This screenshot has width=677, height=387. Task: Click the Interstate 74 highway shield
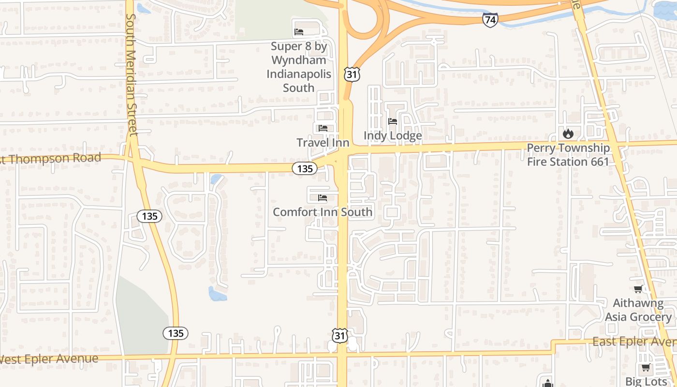490,20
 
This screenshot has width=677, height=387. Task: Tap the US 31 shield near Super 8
352,74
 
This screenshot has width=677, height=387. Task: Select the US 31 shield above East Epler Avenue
340,335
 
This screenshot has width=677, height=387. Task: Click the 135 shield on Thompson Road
305,168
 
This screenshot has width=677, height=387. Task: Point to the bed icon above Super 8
299,32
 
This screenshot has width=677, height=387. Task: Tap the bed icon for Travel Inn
323,128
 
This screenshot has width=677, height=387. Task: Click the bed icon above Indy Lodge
393,121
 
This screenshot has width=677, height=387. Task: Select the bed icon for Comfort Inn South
323,198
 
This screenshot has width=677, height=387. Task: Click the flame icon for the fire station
568,133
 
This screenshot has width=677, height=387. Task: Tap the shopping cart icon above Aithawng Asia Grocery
638,289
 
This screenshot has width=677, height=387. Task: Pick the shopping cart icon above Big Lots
646,368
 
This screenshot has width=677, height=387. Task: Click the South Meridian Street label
131,75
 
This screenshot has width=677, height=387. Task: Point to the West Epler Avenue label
48,359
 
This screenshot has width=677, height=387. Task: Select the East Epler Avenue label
633,342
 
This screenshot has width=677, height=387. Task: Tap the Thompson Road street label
51,158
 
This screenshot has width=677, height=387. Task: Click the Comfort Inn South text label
323,212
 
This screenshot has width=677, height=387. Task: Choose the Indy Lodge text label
393,136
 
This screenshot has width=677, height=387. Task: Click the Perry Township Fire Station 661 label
568,155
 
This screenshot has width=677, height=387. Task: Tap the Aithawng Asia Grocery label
642,310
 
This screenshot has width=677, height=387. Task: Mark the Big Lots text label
646,381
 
